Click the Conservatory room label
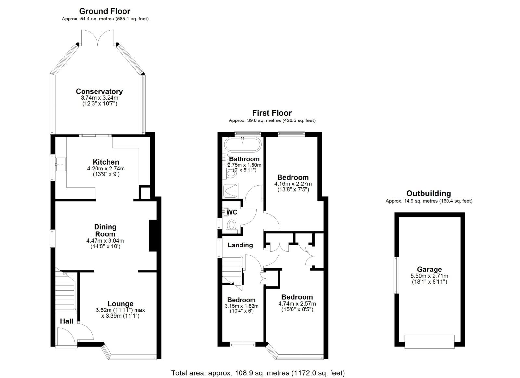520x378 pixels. click(x=99, y=91)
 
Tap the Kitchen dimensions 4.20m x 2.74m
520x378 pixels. click(x=106, y=169)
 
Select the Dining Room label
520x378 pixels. click(x=105, y=230)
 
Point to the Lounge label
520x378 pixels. click(x=120, y=304)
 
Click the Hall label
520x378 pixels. click(x=67, y=321)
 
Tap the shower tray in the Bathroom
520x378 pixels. click(x=230, y=190)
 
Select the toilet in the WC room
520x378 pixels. click(x=231, y=225)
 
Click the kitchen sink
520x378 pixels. click(x=61, y=165)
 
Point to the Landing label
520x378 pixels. click(x=240, y=245)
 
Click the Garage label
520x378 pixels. click(x=429, y=269)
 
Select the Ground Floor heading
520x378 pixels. click(x=105, y=11)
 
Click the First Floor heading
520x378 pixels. click(x=272, y=113)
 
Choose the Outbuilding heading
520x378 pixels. click(x=429, y=194)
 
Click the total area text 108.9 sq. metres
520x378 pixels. click(x=249, y=373)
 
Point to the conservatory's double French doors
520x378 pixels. click(x=98, y=37)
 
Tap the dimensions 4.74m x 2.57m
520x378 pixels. click(x=297, y=304)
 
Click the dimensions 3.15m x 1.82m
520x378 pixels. click(x=241, y=306)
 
